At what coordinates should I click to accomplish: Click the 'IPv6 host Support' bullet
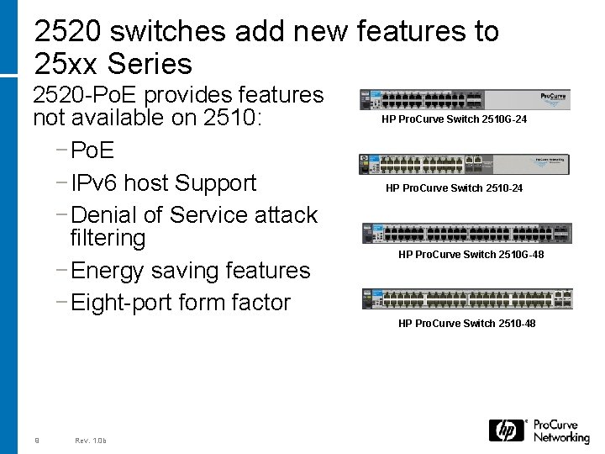click(x=164, y=182)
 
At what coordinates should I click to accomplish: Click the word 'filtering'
click(x=108, y=238)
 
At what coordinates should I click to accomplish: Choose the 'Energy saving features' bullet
click(x=191, y=270)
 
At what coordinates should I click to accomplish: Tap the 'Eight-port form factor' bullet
click(x=181, y=302)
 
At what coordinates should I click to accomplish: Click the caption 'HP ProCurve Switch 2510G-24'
click(x=455, y=119)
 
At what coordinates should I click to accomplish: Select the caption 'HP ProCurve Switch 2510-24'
click(x=455, y=188)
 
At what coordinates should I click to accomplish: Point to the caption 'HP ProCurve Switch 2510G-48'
click(x=471, y=254)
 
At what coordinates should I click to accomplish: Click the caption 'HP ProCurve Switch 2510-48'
click(x=467, y=324)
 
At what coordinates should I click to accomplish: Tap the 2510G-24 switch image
click(x=464, y=98)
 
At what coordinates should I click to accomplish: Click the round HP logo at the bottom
click(x=507, y=430)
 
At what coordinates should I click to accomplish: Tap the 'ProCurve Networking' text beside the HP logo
click(x=561, y=430)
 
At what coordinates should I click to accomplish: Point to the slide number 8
click(x=37, y=440)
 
